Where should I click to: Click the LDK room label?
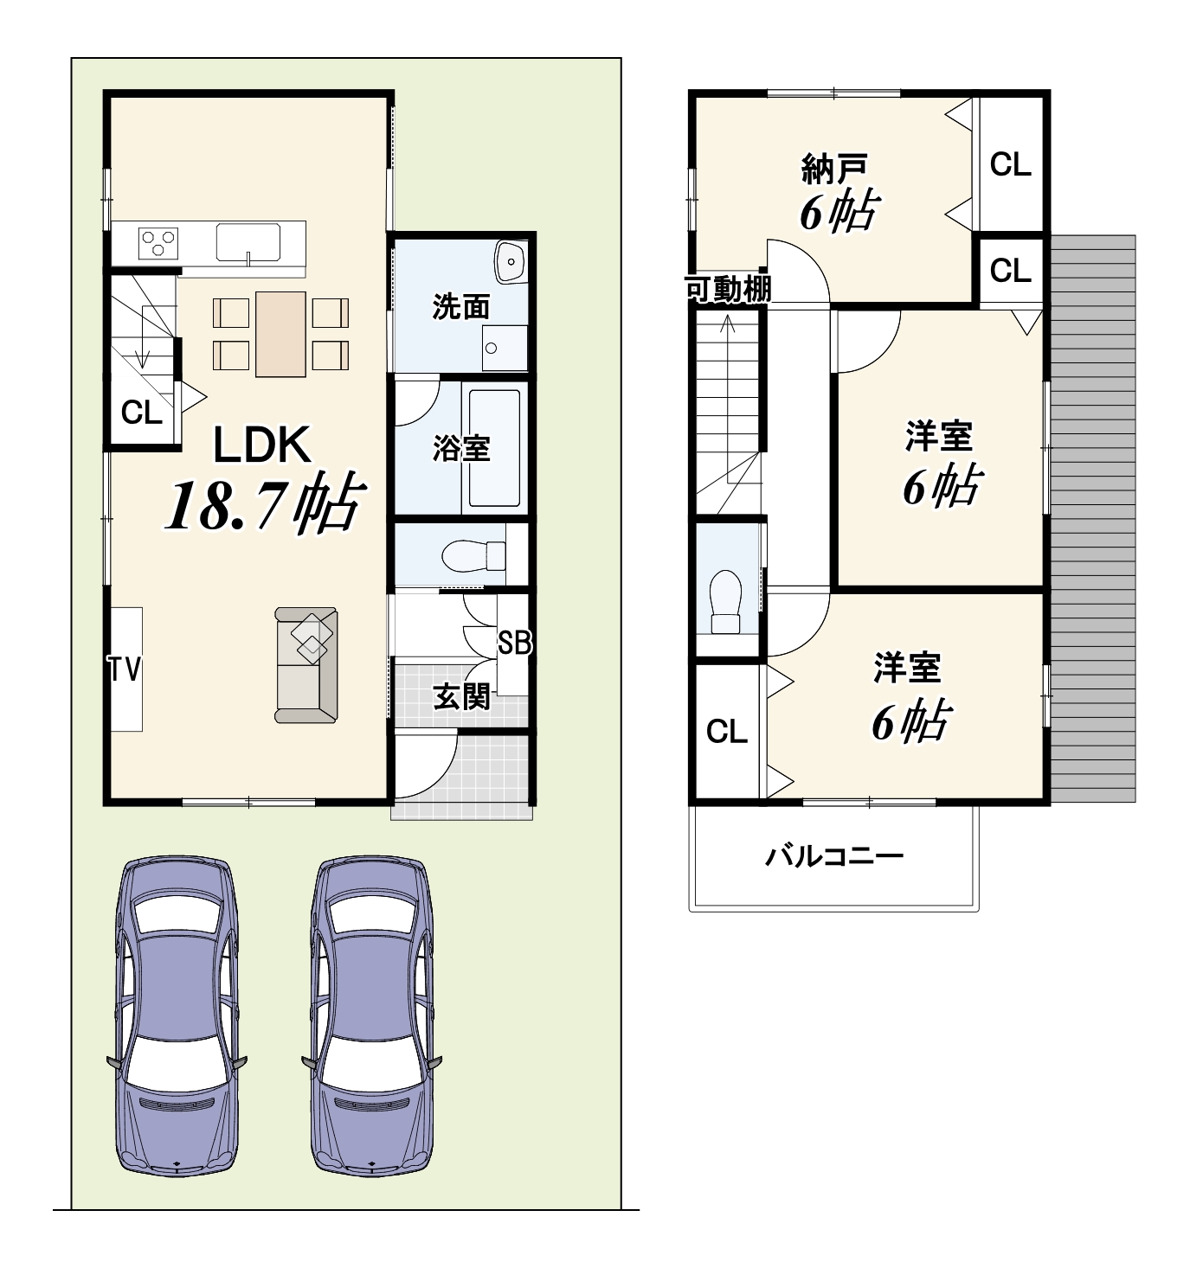(262, 445)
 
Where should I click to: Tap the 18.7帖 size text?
(264, 504)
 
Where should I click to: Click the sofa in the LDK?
(306, 664)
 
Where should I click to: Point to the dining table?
(280, 334)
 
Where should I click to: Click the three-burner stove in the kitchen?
(158, 243)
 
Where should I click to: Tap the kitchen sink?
(248, 242)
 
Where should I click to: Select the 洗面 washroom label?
(460, 306)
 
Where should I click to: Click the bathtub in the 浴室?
(495, 447)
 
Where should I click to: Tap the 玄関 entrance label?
(461, 696)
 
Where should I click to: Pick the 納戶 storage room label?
(834, 169)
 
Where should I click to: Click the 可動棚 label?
(728, 289)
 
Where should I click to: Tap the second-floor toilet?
(726, 601)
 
